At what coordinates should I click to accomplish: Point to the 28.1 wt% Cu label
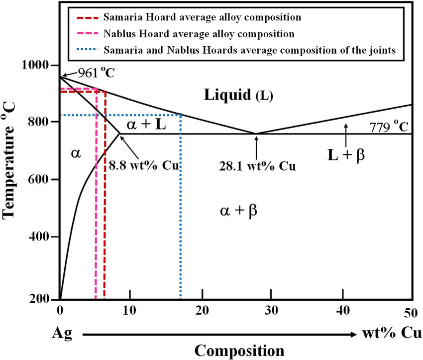[x=258, y=166]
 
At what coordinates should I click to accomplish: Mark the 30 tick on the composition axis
[x=273, y=309]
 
